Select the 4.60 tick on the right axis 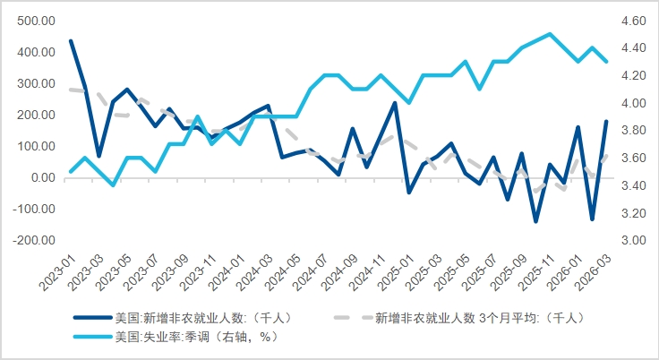[x=632, y=21]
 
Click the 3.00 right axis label [x=632, y=240]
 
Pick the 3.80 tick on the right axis [x=632, y=131]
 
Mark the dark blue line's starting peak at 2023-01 [x=71, y=41]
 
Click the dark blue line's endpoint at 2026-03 [x=606, y=121]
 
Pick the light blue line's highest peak [x=549, y=34]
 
